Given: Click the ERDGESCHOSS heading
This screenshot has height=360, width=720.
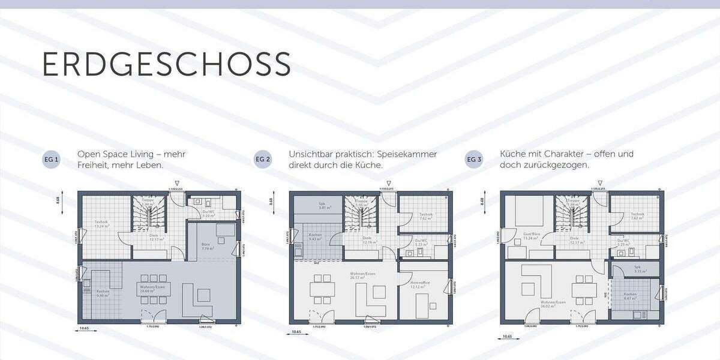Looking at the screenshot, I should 166,64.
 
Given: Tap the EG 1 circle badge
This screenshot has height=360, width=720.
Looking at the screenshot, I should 51,160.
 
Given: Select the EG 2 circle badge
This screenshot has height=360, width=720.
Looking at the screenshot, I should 263,160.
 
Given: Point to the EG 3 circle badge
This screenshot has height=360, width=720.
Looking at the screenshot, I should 474,160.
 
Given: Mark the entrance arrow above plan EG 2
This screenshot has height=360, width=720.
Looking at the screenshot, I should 389,183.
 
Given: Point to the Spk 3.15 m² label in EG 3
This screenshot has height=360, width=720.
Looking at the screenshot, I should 637,269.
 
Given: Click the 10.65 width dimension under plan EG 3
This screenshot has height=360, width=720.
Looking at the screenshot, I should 508,337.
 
